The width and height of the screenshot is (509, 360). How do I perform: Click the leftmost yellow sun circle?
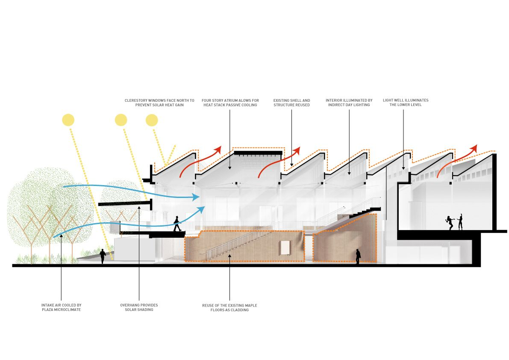pyautogui.click(x=68, y=120)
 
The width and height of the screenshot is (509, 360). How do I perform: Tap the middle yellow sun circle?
pyautogui.click(x=121, y=120)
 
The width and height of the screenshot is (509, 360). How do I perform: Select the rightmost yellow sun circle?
pyautogui.click(x=152, y=120)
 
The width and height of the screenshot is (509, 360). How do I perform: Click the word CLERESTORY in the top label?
pyautogui.click(x=135, y=100)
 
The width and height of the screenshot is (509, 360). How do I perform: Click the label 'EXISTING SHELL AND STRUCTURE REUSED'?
pyautogui.click(x=292, y=103)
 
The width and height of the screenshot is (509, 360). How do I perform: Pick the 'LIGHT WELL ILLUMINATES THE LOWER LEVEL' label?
pyautogui.click(x=406, y=103)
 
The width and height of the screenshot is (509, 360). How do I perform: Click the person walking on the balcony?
pyautogui.click(x=176, y=224)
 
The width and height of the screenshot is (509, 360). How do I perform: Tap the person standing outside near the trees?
pyautogui.click(x=103, y=256)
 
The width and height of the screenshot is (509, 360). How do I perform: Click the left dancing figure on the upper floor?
pyautogui.click(x=450, y=223)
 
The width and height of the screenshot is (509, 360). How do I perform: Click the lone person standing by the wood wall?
pyautogui.click(x=358, y=256)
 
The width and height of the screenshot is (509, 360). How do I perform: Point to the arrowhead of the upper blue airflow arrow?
pyautogui.click(x=197, y=197)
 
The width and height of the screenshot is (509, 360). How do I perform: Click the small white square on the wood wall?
pyautogui.click(x=284, y=248)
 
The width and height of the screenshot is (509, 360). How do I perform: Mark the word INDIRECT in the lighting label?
pyautogui.click(x=335, y=105)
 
